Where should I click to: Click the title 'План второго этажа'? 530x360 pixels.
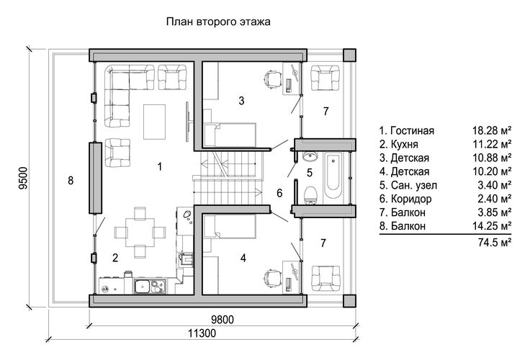point(218,22)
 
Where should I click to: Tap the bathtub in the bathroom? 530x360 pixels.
point(333,176)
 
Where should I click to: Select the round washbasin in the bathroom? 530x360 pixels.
point(310,156)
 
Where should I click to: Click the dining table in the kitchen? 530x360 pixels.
point(140,233)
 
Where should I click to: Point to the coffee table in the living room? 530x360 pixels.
point(155,122)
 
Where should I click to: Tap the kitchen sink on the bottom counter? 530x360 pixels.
point(142,287)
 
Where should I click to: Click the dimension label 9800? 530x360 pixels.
point(222,320)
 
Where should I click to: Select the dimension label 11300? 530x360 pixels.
point(202,333)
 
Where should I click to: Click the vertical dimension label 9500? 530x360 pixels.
point(23,178)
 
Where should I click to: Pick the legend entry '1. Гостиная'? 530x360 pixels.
point(407,130)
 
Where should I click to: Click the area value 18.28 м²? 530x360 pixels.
point(491,130)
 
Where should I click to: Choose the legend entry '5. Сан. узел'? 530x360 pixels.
point(408,185)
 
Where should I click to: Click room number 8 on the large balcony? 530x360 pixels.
point(71,181)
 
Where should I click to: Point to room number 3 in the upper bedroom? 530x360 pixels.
point(241,100)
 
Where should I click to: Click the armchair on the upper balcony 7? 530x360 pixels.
point(325,78)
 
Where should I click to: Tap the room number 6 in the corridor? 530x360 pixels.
point(279,193)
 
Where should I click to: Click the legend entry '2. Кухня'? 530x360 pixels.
point(398,144)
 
